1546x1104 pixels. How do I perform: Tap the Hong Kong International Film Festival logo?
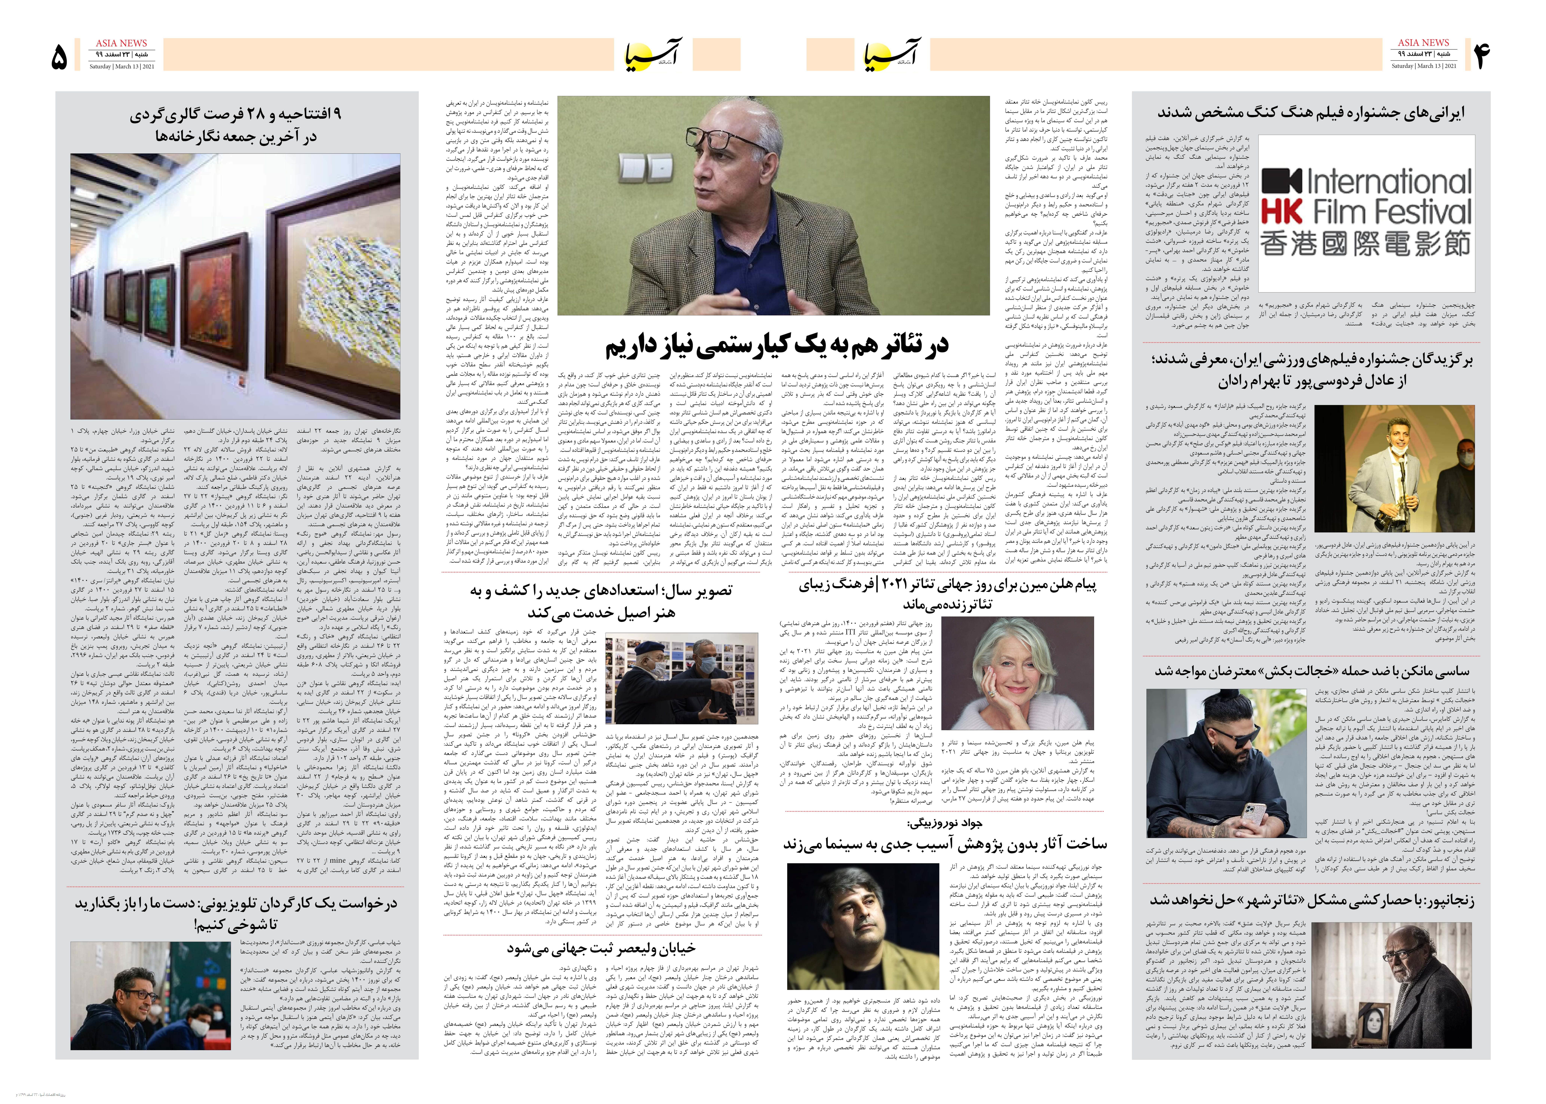point(1366,212)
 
